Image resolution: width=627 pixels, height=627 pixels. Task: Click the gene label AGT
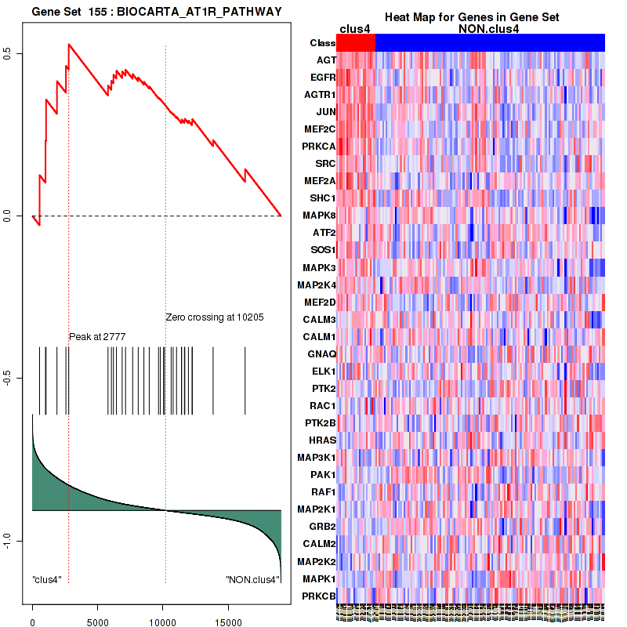326,60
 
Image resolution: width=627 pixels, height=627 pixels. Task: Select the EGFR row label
323,78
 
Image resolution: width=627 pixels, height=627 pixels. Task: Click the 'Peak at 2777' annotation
97,336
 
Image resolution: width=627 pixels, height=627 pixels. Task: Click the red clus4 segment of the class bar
356,43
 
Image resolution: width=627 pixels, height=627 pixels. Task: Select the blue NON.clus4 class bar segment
490,43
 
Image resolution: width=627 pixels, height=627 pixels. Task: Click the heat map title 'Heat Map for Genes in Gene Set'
471,17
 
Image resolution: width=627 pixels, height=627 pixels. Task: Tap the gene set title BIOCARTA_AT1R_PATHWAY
156,11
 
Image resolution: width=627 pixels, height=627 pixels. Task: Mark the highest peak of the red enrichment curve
69,44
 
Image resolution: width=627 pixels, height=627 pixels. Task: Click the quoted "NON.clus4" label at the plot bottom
252,580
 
